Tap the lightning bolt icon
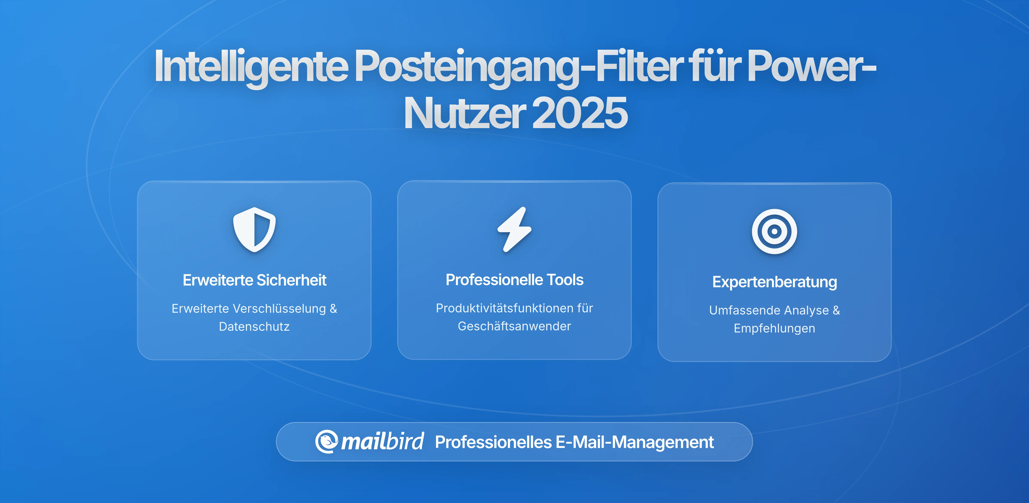coord(514,230)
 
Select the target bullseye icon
coord(774,232)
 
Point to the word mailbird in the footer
coord(382,442)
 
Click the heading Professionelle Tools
coord(514,280)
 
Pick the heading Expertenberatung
coord(774,282)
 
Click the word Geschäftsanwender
coord(514,326)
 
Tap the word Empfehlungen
coord(774,328)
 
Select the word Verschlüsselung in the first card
coord(279,308)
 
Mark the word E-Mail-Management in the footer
coord(634,442)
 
